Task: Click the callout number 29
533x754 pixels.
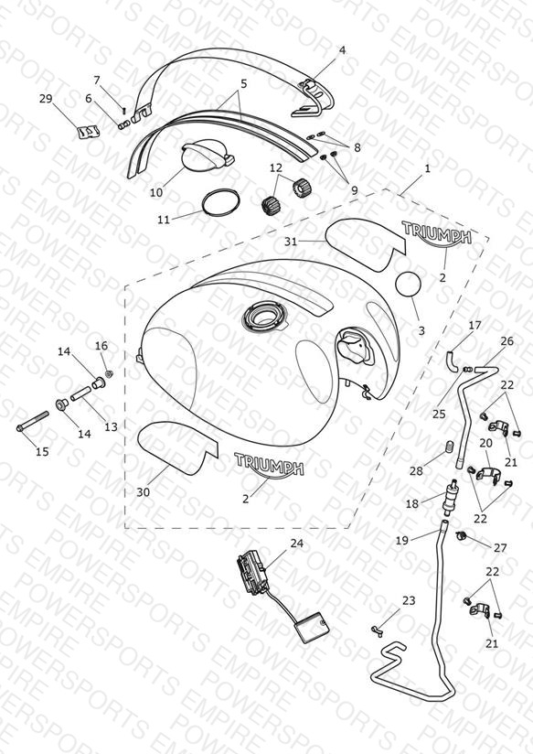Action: pyautogui.click(x=46, y=99)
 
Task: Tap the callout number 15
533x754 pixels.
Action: pyautogui.click(x=42, y=451)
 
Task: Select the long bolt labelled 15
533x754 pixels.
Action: pyautogui.click(x=33, y=420)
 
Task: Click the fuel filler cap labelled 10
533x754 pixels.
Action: pyautogui.click(x=206, y=156)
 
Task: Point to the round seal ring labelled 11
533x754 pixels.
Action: pyautogui.click(x=220, y=203)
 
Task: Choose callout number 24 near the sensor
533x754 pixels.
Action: pyautogui.click(x=297, y=544)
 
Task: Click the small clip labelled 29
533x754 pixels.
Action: pyautogui.click(x=90, y=132)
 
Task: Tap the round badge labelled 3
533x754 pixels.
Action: pyautogui.click(x=408, y=285)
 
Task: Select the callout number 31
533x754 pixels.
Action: pyautogui.click(x=291, y=242)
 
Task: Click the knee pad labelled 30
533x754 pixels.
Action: pyautogui.click(x=177, y=447)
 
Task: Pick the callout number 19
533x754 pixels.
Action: pyautogui.click(x=401, y=541)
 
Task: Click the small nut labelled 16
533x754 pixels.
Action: pyautogui.click(x=109, y=373)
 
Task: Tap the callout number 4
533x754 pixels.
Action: pyautogui.click(x=342, y=50)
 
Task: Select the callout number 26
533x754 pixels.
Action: pyautogui.click(x=507, y=341)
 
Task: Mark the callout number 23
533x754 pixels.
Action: pyautogui.click(x=409, y=600)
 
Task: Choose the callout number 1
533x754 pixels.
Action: pyautogui.click(x=427, y=168)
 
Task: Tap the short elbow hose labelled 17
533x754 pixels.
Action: pyautogui.click(x=453, y=361)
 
